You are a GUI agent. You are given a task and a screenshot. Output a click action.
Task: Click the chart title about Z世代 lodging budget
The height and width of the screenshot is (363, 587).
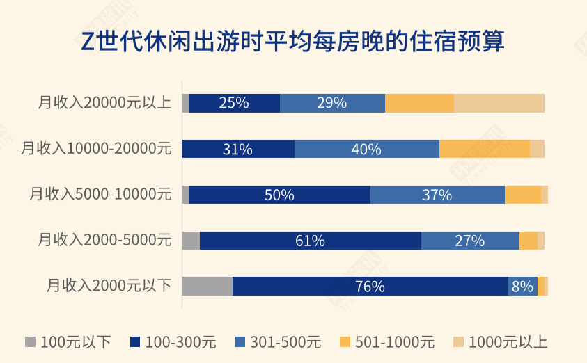[293, 41]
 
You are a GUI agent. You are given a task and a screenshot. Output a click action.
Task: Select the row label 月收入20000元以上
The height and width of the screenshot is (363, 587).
[104, 103]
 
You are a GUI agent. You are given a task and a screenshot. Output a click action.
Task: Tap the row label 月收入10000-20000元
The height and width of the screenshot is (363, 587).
[96, 149]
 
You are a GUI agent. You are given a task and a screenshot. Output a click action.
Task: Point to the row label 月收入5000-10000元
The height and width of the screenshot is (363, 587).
[100, 195]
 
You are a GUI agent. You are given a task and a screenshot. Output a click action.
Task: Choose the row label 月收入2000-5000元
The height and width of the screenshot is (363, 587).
[104, 241]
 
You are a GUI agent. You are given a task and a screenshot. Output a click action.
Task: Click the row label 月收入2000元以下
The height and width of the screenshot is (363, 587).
[109, 286]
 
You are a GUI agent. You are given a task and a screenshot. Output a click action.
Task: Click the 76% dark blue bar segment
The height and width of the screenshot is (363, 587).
[370, 286]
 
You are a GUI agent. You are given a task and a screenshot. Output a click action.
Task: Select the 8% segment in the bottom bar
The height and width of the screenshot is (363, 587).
[522, 286]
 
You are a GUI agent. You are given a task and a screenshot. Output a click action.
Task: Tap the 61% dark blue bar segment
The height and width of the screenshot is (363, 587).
[310, 241]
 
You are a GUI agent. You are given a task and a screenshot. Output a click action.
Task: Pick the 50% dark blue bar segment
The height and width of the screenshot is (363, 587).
[279, 195]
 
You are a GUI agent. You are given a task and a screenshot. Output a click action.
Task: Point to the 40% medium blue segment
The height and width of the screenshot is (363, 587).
[366, 149]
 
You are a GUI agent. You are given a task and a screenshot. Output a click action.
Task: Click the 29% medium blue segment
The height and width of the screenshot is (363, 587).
[332, 103]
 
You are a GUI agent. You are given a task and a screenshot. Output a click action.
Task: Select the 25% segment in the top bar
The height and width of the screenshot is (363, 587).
[234, 103]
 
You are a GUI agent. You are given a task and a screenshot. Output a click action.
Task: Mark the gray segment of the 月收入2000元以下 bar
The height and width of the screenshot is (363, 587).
[207, 286]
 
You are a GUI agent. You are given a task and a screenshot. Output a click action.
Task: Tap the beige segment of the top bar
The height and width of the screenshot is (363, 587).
[499, 103]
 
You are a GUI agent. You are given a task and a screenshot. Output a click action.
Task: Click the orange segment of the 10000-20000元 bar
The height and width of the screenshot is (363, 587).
[484, 149]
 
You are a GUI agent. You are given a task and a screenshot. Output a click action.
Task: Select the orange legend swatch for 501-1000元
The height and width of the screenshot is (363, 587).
[345, 342]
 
